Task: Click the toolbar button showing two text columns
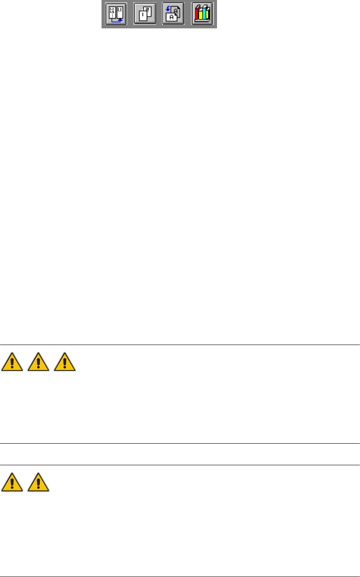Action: [116, 14]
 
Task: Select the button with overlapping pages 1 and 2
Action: [145, 14]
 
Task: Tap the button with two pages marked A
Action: [173, 14]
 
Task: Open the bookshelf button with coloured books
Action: [202, 14]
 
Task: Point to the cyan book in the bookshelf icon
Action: [207, 15]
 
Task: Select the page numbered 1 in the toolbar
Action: [142, 17]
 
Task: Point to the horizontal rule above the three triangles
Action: [180, 345]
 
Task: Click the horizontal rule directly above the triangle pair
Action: [180, 465]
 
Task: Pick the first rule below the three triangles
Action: [180, 443]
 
